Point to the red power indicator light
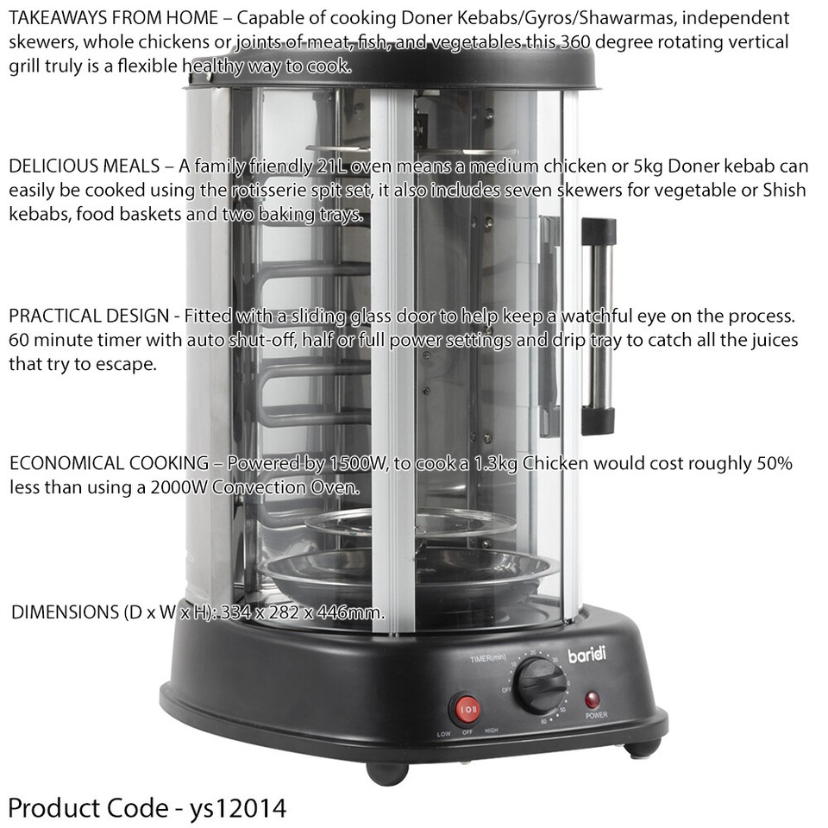(593, 698)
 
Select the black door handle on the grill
(595, 328)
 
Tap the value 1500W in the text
(357, 464)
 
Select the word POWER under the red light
(596, 716)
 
